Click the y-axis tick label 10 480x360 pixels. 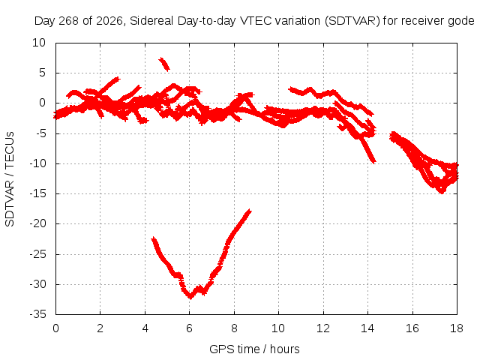point(38,43)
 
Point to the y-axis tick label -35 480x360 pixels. point(37,314)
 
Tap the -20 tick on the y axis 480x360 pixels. point(37,223)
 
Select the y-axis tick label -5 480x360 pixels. point(40,133)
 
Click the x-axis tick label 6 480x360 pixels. point(189,328)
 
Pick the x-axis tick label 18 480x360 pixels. point(457,328)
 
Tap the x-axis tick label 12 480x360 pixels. point(323,328)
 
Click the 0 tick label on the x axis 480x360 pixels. point(55,328)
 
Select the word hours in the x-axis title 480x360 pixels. point(285,349)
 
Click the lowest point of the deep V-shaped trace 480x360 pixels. point(190,297)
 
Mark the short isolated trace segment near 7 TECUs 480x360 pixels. point(164,64)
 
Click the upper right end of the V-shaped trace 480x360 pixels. point(250,211)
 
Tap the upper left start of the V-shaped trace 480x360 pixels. point(154,238)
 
